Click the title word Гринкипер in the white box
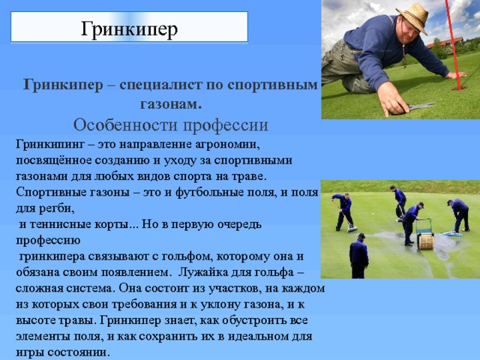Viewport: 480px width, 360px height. (x=128, y=28)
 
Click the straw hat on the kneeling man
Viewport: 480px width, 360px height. (x=412, y=15)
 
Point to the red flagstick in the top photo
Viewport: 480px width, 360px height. (x=455, y=37)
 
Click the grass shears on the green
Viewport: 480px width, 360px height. (x=420, y=107)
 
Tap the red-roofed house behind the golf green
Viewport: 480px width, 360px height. (x=441, y=52)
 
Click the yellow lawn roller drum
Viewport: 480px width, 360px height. (x=425, y=241)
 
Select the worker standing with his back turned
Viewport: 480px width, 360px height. (x=359, y=255)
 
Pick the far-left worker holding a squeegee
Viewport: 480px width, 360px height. (x=344, y=210)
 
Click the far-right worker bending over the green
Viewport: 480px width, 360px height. (x=458, y=214)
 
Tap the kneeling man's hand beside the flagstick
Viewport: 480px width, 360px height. (x=454, y=75)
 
